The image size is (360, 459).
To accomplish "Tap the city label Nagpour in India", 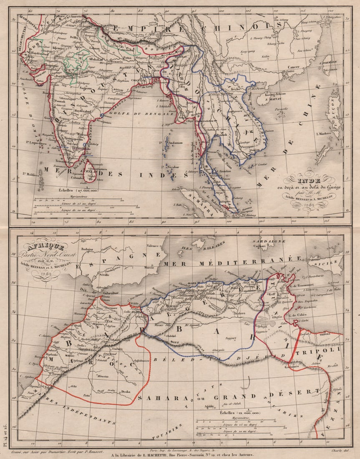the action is (85, 88).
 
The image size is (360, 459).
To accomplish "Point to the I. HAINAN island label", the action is (274, 101).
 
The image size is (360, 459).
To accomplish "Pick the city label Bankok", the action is (222, 136).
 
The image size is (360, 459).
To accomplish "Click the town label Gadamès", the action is (292, 367).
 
